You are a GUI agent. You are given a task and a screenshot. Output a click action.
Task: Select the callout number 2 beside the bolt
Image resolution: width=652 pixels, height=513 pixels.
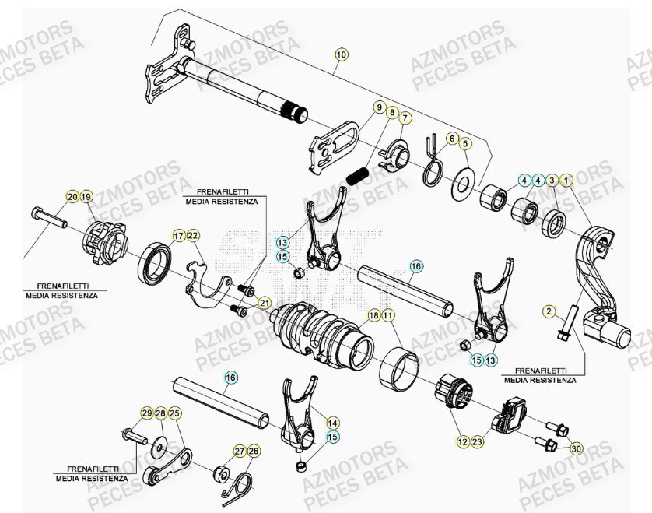(549, 311)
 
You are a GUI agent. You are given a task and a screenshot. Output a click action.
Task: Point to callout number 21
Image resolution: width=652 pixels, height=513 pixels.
(265, 303)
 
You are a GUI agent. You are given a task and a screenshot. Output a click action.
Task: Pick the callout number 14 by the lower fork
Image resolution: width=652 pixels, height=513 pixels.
(332, 423)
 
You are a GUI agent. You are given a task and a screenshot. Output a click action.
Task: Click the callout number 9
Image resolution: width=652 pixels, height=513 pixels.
(379, 107)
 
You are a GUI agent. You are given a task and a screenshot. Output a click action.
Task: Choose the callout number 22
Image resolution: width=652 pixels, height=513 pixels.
(193, 236)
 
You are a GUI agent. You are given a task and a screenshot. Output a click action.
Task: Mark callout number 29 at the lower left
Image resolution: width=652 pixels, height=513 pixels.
(146, 413)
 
